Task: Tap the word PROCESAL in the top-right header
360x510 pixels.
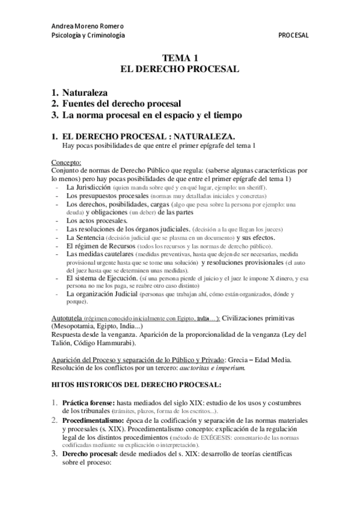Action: coord(293,35)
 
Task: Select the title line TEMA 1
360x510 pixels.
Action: coord(180,58)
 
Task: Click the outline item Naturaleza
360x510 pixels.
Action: coord(84,93)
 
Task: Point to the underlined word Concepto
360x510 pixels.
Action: coord(66,162)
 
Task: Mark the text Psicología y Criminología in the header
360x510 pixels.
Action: coord(88,35)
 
